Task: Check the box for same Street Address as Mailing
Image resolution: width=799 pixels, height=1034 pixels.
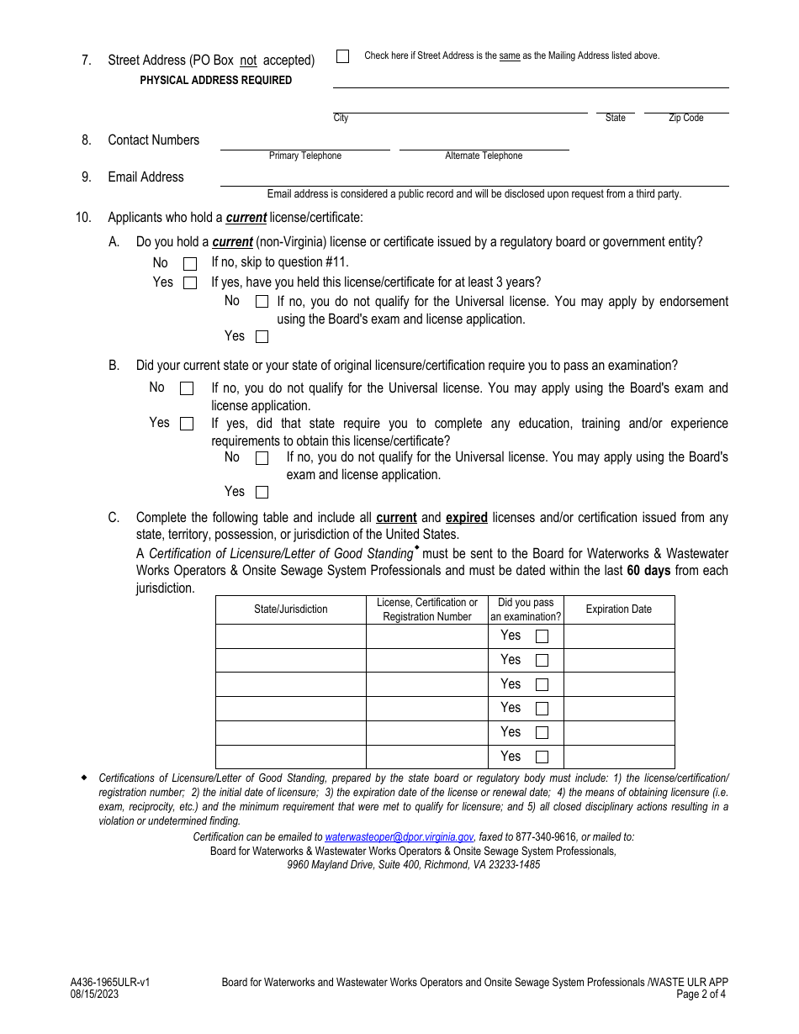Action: click(342, 56)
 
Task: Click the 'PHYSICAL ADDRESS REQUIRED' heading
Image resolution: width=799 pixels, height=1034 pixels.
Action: click(216, 81)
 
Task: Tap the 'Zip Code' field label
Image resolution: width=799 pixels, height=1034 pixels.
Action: click(685, 119)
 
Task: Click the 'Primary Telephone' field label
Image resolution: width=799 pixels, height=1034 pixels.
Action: click(305, 156)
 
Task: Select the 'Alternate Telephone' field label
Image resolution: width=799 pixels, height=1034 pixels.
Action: click(484, 156)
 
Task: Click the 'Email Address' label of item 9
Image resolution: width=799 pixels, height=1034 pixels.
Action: click(146, 177)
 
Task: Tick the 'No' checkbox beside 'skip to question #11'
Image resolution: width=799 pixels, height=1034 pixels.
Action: click(190, 264)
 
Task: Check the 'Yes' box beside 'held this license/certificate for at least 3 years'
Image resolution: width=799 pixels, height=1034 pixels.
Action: click(190, 283)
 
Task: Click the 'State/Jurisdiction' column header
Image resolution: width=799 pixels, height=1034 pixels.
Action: click(291, 609)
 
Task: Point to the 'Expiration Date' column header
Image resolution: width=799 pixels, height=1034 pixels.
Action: click(618, 609)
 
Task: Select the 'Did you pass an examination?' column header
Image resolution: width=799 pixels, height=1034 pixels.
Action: click(526, 609)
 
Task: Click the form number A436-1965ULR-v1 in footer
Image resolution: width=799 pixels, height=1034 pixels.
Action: click(110, 982)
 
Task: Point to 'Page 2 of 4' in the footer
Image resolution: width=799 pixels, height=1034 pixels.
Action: click(701, 994)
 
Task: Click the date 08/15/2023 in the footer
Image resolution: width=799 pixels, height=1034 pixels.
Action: click(94, 994)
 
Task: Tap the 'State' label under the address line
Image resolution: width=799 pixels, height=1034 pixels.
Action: click(615, 119)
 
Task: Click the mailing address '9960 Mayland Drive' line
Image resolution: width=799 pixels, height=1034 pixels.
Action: click(413, 864)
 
